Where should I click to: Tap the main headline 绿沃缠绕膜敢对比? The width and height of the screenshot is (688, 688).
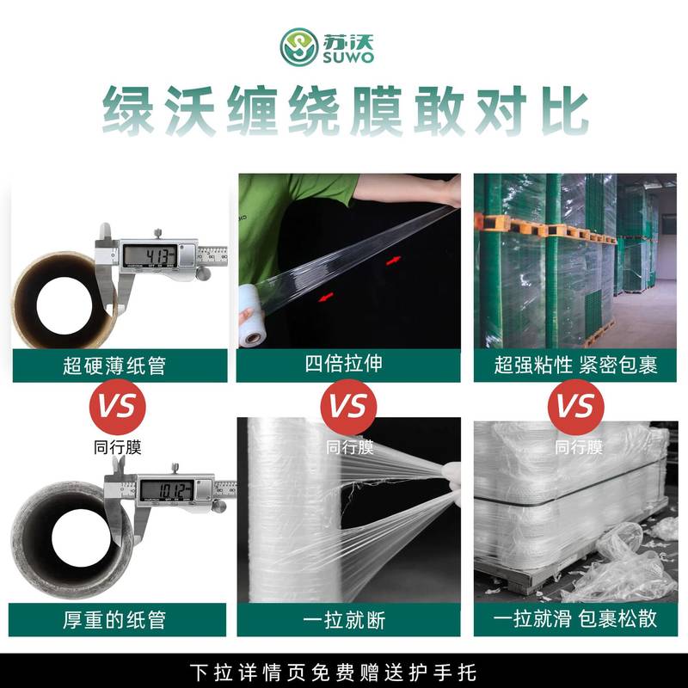click(x=344, y=109)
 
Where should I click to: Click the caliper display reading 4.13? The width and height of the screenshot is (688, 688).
click(x=148, y=255)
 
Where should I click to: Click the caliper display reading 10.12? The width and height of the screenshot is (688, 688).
click(x=167, y=490)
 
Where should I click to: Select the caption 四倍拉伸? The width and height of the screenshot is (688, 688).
click(x=344, y=364)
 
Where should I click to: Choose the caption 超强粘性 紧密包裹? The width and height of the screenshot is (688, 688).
click(x=575, y=365)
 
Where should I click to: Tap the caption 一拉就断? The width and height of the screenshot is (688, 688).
click(x=344, y=619)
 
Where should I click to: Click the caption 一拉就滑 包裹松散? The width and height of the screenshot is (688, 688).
click(x=575, y=619)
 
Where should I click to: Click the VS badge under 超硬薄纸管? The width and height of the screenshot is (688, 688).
click(x=118, y=406)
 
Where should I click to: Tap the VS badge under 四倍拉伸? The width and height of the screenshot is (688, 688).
click(x=348, y=406)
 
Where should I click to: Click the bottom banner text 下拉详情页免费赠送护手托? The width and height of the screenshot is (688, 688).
click(x=344, y=672)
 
